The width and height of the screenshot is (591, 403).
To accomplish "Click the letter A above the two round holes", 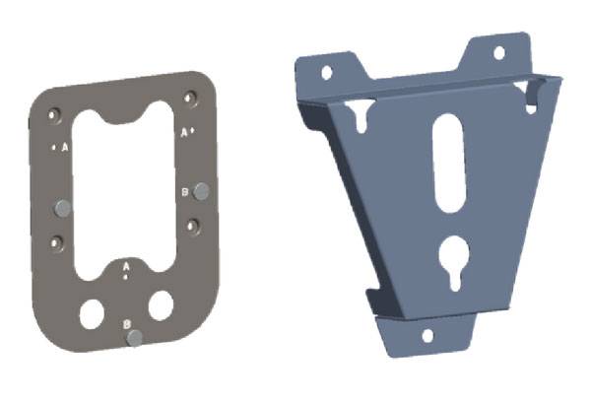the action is tap(126, 266).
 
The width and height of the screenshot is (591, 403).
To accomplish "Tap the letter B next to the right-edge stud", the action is tap(185, 192).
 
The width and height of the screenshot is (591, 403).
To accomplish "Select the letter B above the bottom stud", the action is tap(127, 324).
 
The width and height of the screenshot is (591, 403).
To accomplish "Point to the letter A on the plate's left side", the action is tap(65, 148).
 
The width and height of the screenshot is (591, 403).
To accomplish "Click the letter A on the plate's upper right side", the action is tap(184, 132).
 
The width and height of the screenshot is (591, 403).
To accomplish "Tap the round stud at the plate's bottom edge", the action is tap(135, 338).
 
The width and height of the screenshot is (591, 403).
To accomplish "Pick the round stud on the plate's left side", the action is tap(63, 209).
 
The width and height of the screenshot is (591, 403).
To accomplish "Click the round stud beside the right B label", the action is tap(201, 191).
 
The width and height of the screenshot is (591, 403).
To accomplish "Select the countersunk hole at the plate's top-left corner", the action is tap(55, 115).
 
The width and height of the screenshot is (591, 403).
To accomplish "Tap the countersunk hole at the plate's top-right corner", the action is tap(190, 98).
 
